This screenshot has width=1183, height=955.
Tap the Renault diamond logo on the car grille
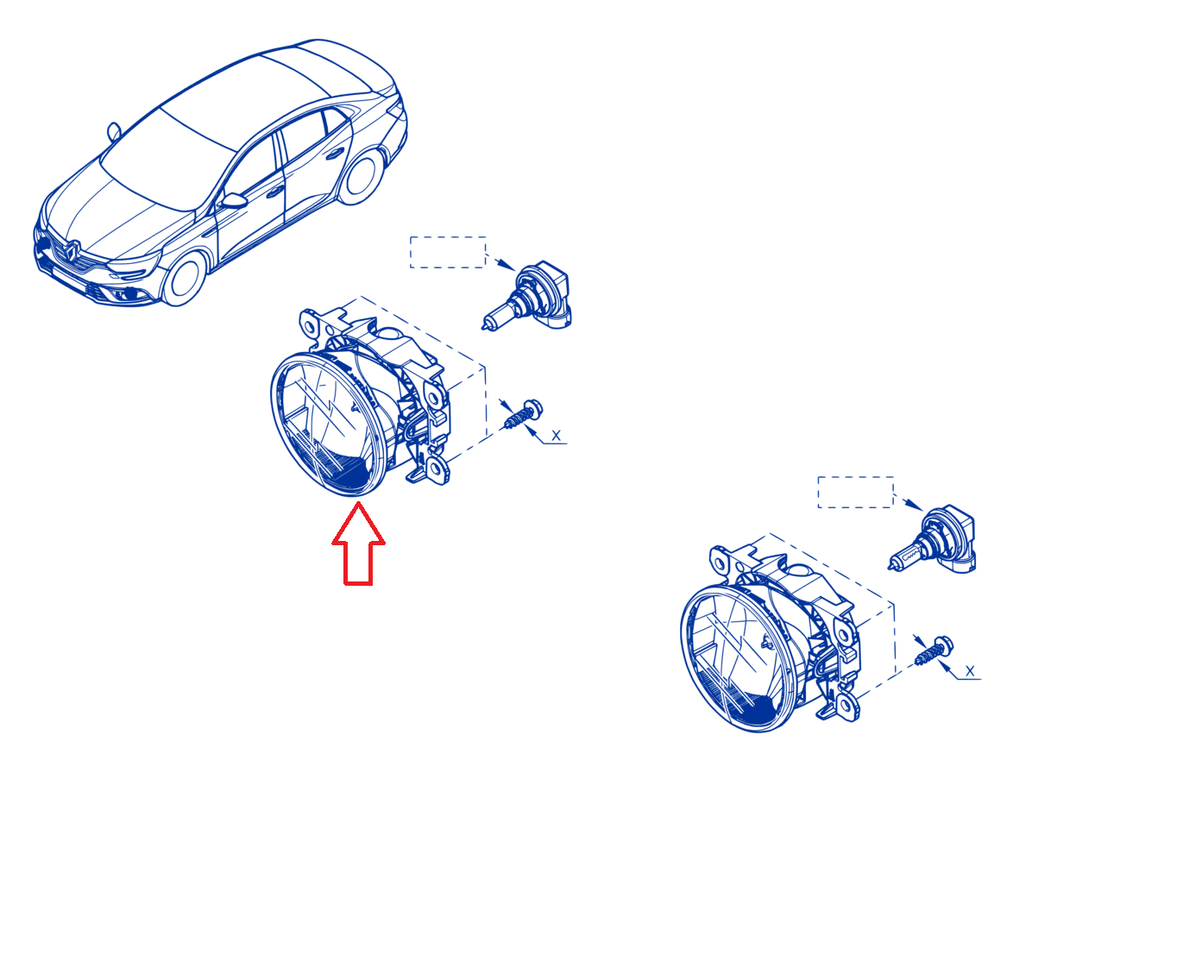point(72,251)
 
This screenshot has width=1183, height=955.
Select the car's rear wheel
point(362,177)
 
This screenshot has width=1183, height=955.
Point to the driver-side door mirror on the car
point(233,200)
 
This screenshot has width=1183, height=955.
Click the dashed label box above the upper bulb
point(448,252)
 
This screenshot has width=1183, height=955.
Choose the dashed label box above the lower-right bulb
point(855,492)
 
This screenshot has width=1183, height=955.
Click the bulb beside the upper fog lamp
point(527,298)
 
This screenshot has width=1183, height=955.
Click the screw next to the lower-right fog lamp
point(933,650)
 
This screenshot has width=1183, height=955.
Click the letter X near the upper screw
point(556,436)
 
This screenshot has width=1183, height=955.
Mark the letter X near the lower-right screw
point(970,671)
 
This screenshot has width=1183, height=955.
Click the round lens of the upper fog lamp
point(328,424)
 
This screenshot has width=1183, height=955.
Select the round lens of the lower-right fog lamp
point(739,660)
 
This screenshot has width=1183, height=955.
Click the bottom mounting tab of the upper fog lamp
point(436,469)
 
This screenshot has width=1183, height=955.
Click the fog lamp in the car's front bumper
point(129,293)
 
